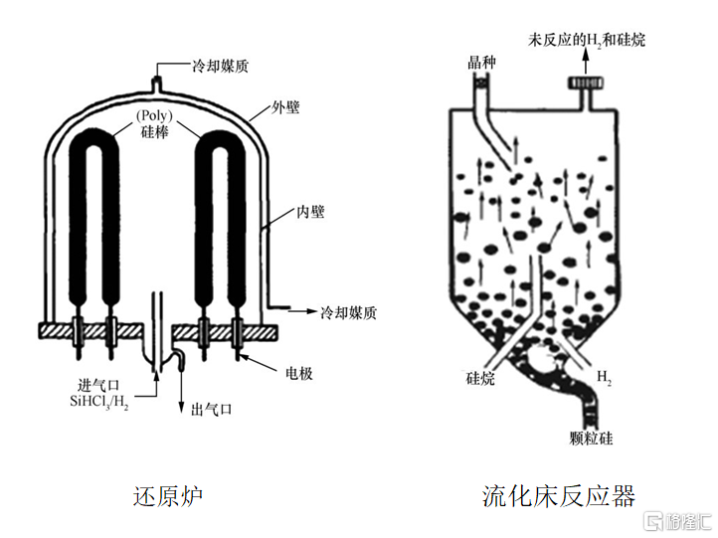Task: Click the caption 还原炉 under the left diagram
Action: pyautogui.click(x=168, y=496)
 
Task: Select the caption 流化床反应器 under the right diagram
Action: pyautogui.click(x=559, y=496)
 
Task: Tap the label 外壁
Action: pyautogui.click(x=285, y=108)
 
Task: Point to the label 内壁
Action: pyautogui.click(x=310, y=212)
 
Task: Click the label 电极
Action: pyautogui.click(x=299, y=374)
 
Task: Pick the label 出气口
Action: pyautogui.click(x=211, y=409)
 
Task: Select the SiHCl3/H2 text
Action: pyautogui.click(x=98, y=402)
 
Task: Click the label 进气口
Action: pyautogui.click(x=98, y=386)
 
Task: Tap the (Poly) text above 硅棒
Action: pyautogui.click(x=154, y=115)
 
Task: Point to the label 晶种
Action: pyautogui.click(x=481, y=63)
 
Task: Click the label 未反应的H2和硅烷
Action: pyautogui.click(x=587, y=40)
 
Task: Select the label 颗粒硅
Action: pyautogui.click(x=591, y=439)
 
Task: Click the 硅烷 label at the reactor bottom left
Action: pyautogui.click(x=480, y=378)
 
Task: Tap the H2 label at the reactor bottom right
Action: pyautogui.click(x=604, y=377)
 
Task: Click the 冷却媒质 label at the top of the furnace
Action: pyautogui.click(x=220, y=67)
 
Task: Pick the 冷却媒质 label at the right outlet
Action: pyautogui.click(x=348, y=312)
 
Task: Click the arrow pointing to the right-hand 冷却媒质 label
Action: pyautogui.click(x=302, y=311)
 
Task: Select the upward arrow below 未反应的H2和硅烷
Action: pyautogui.click(x=586, y=62)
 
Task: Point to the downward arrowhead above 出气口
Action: pyautogui.click(x=181, y=408)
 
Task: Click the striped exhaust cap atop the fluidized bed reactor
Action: pyautogui.click(x=586, y=83)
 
